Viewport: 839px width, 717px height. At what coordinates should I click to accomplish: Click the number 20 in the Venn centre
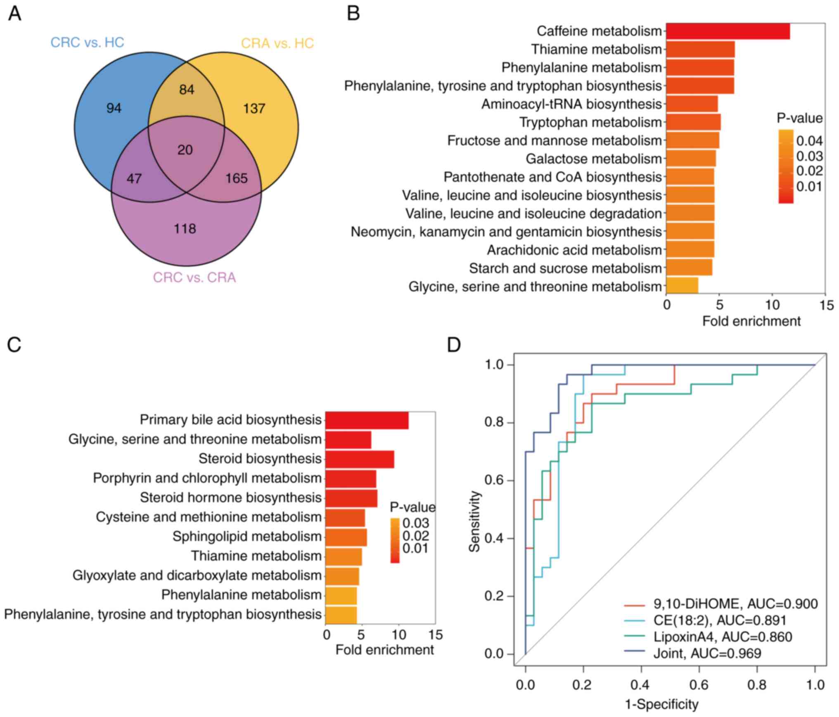[x=185, y=150]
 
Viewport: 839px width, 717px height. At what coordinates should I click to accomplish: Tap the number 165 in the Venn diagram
[x=237, y=178]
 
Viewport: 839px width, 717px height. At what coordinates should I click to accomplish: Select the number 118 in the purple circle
[x=185, y=229]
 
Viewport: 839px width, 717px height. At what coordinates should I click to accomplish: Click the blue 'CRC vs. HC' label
[x=87, y=43]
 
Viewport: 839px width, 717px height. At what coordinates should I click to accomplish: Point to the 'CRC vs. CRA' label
[x=194, y=277]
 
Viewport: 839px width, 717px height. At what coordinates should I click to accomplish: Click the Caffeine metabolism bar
[x=728, y=31]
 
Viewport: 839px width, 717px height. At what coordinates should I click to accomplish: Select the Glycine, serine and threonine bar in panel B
[x=682, y=286]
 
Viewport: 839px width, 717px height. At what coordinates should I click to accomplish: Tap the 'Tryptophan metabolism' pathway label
[x=590, y=123]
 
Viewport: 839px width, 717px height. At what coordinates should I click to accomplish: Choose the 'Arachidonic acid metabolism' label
[x=574, y=250]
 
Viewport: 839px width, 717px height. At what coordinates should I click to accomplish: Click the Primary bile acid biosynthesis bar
[x=367, y=420]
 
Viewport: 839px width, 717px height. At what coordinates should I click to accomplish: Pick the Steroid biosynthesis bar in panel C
[x=359, y=459]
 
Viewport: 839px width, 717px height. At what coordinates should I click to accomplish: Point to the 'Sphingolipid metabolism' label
[x=247, y=537]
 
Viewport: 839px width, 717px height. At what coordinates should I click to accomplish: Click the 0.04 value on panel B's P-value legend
[x=809, y=141]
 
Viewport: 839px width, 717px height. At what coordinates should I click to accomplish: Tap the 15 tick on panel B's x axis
[x=825, y=305]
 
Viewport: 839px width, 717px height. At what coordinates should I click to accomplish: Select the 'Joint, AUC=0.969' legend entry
[x=707, y=653]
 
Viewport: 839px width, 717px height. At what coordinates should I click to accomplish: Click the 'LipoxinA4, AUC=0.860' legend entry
[x=723, y=637]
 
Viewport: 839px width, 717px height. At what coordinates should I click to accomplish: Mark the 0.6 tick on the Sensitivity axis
[x=494, y=481]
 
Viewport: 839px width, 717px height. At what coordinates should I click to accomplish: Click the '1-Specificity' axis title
[x=661, y=704]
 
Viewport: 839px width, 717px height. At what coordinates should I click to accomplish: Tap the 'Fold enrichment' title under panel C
[x=384, y=650]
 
